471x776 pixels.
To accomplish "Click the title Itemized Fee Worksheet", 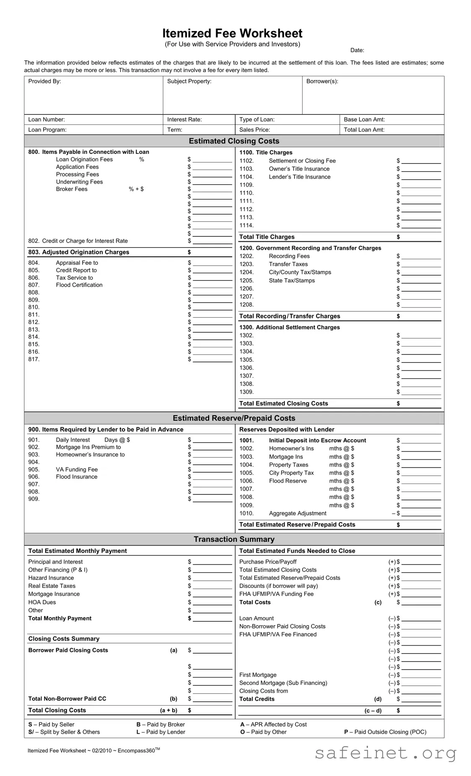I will pos(232,34).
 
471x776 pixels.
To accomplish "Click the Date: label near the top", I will pos(357,50).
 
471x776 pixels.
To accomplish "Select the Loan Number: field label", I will pos(47,119).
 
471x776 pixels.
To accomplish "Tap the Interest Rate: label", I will pos(184,119).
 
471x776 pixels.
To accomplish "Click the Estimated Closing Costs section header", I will pos(234,141).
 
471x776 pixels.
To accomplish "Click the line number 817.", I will pos(34,359).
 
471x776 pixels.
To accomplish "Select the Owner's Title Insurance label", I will pos(299,169).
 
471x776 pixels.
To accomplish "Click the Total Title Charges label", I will pos(267,237).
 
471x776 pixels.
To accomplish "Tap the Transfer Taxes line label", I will pos(288,264).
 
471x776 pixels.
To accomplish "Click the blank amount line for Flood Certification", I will pos(212,285).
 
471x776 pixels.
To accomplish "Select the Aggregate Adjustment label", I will pos(298,513).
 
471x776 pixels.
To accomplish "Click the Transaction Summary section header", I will pos(234,539).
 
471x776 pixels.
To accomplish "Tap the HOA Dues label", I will pos(42,602).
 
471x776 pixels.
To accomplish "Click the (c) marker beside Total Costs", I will pos(378,602).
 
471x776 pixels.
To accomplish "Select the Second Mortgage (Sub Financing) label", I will pos(283,683).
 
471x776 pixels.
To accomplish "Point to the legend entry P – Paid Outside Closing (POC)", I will pos(385,732).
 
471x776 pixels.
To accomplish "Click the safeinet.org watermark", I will pos(385,753).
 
